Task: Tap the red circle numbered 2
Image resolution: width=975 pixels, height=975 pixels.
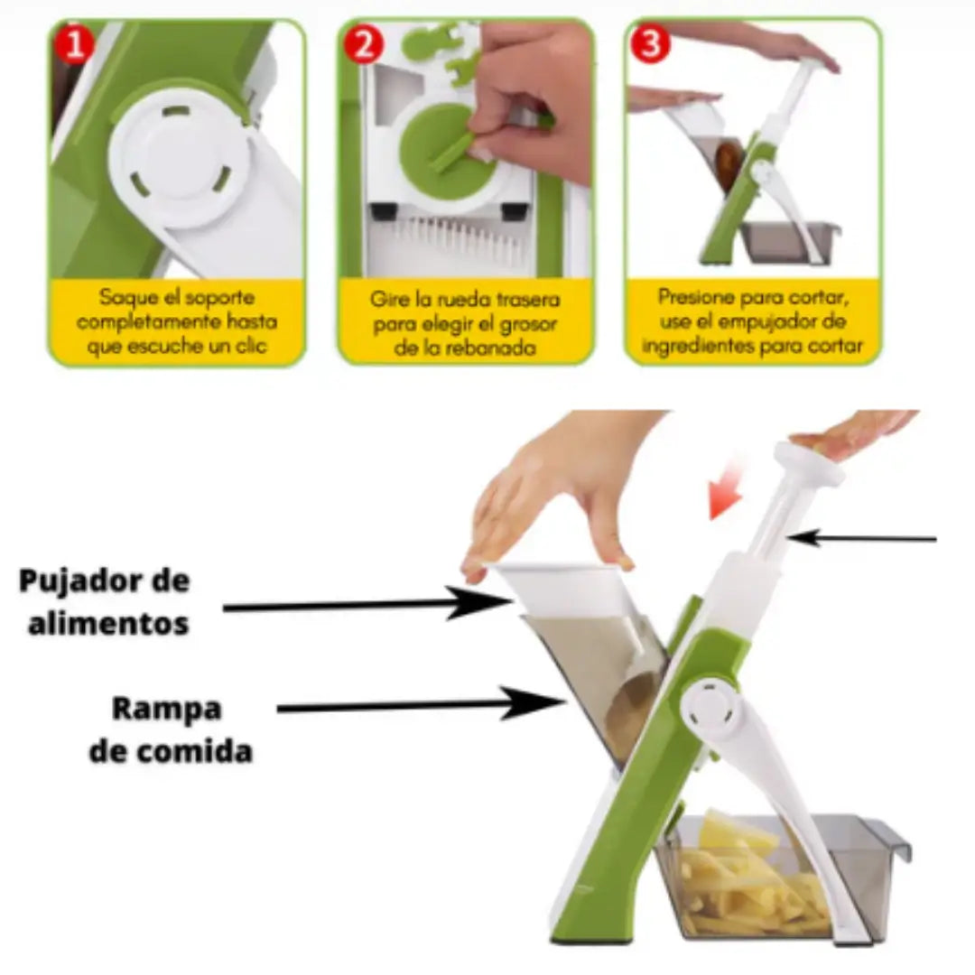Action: click(x=364, y=44)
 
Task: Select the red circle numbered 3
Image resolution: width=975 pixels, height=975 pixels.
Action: click(x=650, y=44)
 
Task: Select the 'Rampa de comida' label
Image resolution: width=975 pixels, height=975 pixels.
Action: click(x=169, y=729)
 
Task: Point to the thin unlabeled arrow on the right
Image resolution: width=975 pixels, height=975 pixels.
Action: click(x=867, y=539)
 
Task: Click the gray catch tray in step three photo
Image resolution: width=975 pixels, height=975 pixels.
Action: click(x=790, y=242)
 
